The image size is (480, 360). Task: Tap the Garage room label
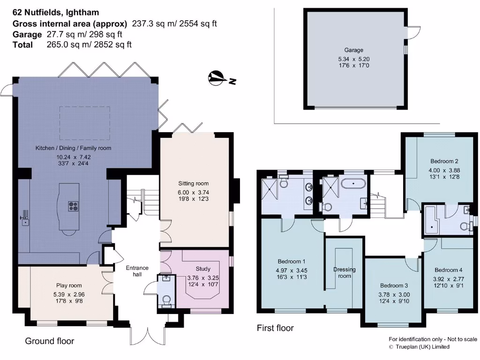coord(353,50)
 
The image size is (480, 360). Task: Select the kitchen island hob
coord(74,206)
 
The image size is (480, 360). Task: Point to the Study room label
coord(202,269)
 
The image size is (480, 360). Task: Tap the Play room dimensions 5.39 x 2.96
coord(68,294)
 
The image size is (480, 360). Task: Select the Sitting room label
coord(193,183)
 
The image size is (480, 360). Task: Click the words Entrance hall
coord(137,271)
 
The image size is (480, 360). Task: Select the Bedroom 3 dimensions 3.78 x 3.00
coord(394,294)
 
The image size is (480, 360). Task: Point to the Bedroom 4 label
coord(448,270)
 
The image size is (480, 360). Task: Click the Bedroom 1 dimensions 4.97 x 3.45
coord(292,270)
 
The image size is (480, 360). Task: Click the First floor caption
coord(275,328)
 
